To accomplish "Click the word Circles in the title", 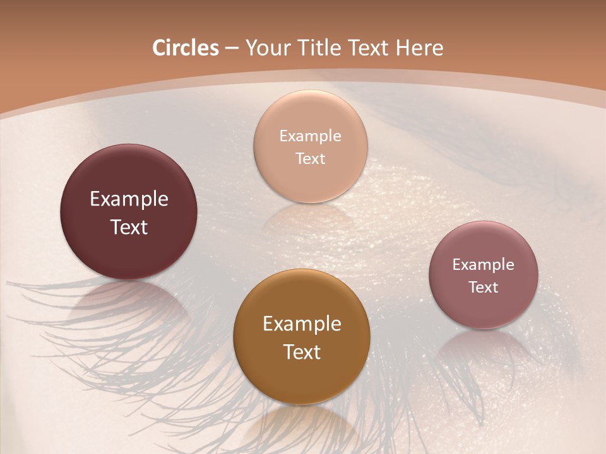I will point(185,48).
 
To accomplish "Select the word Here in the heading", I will point(420,48).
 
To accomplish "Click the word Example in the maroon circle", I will point(129,199).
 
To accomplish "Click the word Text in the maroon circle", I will point(129,227).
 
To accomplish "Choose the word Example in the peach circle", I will point(311,136).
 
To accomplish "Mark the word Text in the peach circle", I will point(311,158).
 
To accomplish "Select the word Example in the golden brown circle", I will point(302,324).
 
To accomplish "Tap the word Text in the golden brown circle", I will point(302,352).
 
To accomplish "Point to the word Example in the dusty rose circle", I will point(484,265).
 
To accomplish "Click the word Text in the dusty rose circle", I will point(484,288).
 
